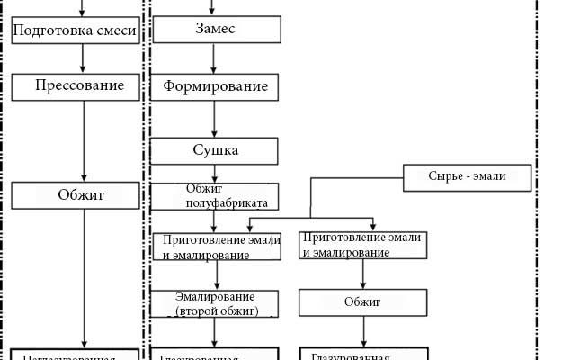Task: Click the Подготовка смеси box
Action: (76, 31)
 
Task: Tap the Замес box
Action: (214, 30)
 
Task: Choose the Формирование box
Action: (215, 87)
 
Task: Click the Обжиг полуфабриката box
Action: (215, 195)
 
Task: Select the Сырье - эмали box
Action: (467, 176)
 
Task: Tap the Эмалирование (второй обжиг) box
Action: (215, 303)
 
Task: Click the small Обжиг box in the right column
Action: (363, 301)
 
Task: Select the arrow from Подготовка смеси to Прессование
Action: (84, 58)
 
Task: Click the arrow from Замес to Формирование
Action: (214, 58)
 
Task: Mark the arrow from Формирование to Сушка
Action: (214, 118)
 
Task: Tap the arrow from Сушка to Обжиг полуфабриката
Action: (214, 173)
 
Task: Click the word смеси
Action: (116, 32)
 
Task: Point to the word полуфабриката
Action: (220, 202)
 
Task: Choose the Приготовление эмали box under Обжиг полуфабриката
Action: (217, 247)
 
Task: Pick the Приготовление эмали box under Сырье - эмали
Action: (363, 246)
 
